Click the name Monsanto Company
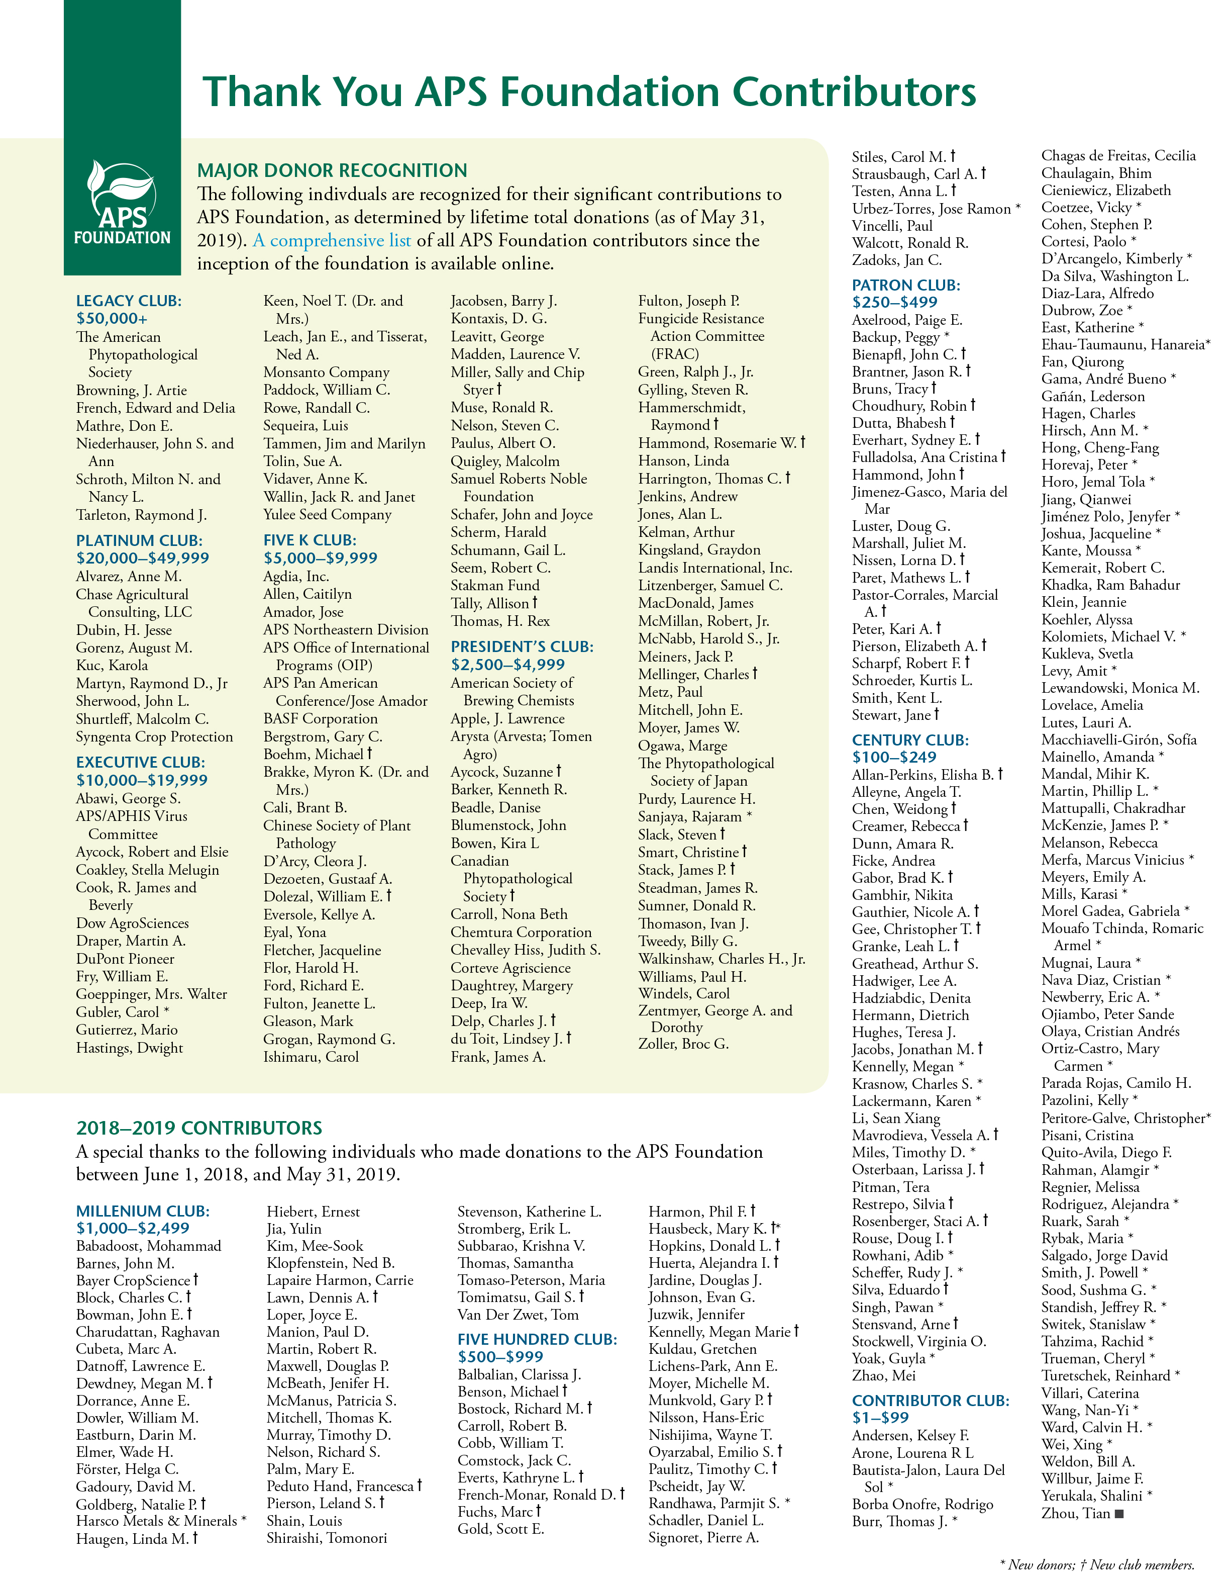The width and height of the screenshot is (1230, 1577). pos(326,372)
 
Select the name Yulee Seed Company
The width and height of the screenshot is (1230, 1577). pos(327,514)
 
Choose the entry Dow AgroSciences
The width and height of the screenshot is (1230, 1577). pos(132,923)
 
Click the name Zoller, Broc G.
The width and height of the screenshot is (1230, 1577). pos(683,1044)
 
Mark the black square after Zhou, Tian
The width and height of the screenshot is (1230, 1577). pos(1119,1514)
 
